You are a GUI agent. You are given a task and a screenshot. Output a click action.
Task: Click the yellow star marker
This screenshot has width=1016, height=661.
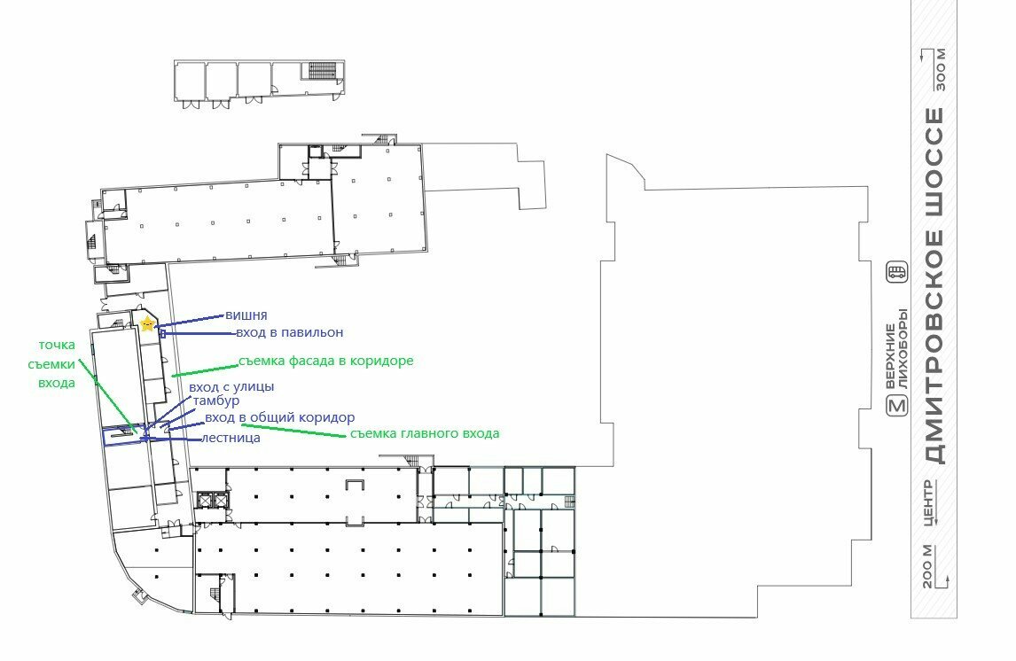pos(148,323)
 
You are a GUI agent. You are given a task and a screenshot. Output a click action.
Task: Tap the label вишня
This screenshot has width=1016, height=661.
pos(246,315)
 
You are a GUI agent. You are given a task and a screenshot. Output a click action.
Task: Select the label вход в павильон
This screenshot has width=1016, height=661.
pos(290,332)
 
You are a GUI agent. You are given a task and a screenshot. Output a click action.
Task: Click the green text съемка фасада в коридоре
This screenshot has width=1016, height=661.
pos(326,361)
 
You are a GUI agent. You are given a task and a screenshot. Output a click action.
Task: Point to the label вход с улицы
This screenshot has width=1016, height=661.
pos(231,386)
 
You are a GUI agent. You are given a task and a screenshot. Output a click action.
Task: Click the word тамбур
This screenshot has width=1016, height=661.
pos(216,400)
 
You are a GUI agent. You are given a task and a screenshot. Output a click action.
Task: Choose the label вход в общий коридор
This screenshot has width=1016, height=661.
pos(280,417)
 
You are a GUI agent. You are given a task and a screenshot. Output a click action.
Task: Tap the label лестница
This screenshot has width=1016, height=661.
pos(231,438)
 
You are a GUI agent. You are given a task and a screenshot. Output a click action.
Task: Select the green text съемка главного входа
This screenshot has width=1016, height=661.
pos(425,433)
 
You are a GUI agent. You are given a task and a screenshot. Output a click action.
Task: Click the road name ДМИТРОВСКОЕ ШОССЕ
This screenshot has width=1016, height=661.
pos(934,285)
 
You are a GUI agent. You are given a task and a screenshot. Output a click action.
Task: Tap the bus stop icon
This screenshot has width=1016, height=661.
pos(897,273)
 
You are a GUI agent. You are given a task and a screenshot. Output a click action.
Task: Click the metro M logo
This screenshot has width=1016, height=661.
pos(897,406)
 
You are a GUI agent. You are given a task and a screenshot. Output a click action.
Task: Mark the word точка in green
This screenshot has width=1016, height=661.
pos(57,345)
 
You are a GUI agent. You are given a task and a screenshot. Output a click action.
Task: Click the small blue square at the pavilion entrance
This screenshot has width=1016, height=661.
pos(162,333)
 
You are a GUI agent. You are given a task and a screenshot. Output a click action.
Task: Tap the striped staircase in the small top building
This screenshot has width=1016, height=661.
pos(321,70)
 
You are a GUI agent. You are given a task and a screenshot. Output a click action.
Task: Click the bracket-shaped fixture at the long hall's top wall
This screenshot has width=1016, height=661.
pos(356,484)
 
